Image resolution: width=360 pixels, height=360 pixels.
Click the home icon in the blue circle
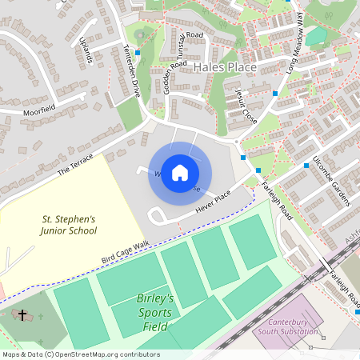180,173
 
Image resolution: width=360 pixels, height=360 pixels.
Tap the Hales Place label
226,68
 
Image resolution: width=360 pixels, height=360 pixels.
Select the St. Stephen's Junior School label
70,225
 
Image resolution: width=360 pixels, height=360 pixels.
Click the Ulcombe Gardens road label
332,179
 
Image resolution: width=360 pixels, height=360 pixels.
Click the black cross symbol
23,315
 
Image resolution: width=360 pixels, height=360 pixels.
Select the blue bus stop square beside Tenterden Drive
138,53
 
